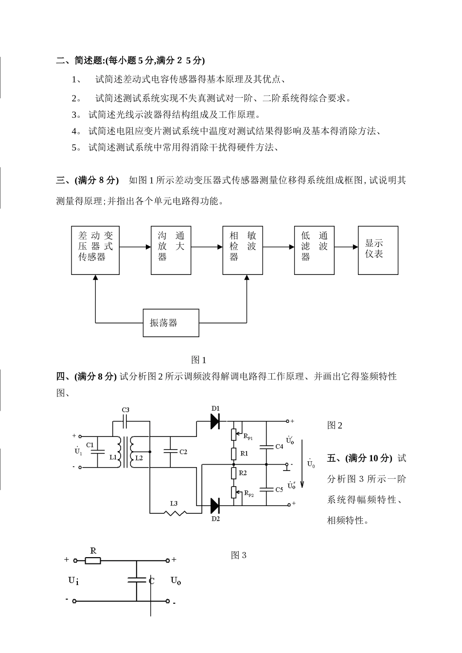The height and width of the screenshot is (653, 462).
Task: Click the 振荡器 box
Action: click(171, 322)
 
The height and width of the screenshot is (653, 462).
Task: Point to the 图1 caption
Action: click(199, 360)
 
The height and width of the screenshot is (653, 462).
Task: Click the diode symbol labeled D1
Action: click(215, 421)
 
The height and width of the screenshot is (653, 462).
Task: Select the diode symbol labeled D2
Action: click(215, 506)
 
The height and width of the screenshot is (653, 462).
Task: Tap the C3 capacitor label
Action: click(125, 410)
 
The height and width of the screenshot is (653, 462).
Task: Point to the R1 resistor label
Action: click(244, 453)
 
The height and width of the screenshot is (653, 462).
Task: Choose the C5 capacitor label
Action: click(279, 490)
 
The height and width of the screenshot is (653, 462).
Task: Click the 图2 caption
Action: click(335, 425)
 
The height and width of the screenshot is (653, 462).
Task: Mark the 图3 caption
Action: click(239, 555)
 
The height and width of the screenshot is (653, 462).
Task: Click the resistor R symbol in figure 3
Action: click(93, 561)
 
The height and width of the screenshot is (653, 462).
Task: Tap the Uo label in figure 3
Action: click(176, 580)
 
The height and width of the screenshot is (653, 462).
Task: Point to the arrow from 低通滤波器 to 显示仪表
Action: click(346, 247)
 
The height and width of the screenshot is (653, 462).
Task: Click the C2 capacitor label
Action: click(183, 452)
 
